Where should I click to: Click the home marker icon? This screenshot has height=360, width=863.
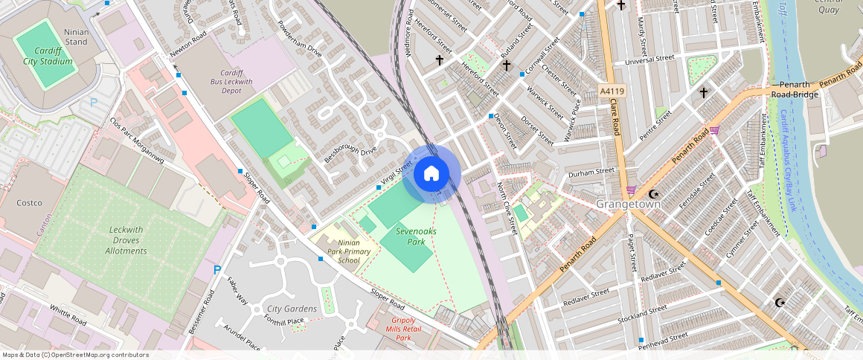click(431, 174)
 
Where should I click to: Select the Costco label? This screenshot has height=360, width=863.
click(30, 202)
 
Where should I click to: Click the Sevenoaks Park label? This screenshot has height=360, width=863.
click(416, 237)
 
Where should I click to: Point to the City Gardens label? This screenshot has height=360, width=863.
click(292, 309)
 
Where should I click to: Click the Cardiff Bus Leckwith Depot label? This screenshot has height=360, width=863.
click(227, 81)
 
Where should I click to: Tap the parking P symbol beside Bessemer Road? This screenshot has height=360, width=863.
click(217, 271)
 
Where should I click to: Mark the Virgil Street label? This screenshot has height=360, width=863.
click(397, 173)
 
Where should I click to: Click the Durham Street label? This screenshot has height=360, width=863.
click(591, 170)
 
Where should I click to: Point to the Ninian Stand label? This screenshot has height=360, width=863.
click(76, 36)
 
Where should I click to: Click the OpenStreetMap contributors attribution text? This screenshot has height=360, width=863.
click(74, 355)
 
